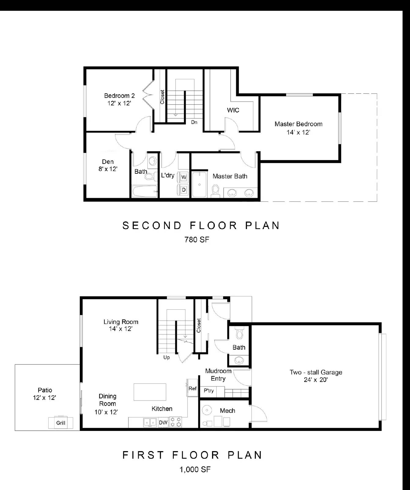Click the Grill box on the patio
[x=61, y=423]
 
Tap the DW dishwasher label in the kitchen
[x=163, y=423]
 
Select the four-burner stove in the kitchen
[x=176, y=422]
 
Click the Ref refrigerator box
[x=192, y=389]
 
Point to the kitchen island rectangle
[x=150, y=392]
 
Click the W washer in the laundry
[x=184, y=177]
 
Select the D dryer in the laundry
[x=184, y=190]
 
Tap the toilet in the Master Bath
[x=215, y=190]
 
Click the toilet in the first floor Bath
[x=240, y=333]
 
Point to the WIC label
[x=233, y=110]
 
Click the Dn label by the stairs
[x=194, y=122]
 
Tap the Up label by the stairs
[x=166, y=357]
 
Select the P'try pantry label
[x=209, y=391]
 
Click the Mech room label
[x=227, y=411]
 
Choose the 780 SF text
[x=197, y=239]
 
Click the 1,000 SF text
[x=195, y=469]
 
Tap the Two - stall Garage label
[x=316, y=372]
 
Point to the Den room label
[x=108, y=162]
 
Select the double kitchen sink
[x=150, y=423]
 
